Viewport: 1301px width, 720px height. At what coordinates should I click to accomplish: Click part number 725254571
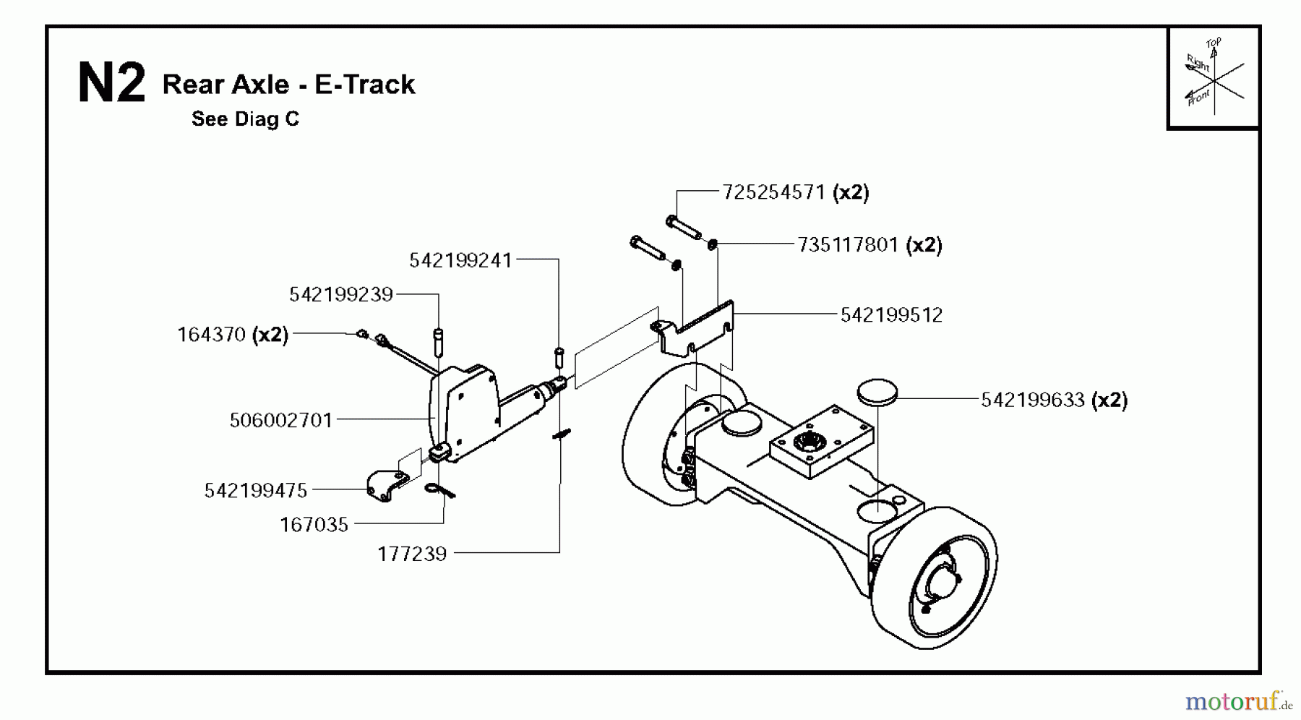pyautogui.click(x=773, y=192)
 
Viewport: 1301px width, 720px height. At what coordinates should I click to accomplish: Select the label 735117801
pyautogui.click(x=847, y=245)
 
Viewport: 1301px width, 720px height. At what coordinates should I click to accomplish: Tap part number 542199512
pyautogui.click(x=891, y=315)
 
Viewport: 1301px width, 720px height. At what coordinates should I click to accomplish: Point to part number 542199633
pyautogui.click(x=1032, y=400)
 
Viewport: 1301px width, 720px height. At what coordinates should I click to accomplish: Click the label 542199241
pyautogui.click(x=460, y=260)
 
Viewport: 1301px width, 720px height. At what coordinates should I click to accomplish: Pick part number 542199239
pyautogui.click(x=340, y=294)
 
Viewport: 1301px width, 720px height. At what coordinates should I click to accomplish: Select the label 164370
pyautogui.click(x=212, y=335)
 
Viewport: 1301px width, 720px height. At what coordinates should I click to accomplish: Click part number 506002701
pyautogui.click(x=280, y=420)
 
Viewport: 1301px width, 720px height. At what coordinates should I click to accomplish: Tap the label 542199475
pyautogui.click(x=256, y=491)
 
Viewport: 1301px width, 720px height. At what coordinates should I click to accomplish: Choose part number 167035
pyautogui.click(x=314, y=525)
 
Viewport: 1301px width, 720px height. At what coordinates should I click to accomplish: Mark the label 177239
pyautogui.click(x=412, y=554)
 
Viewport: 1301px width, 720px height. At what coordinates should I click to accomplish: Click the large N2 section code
pyautogui.click(x=111, y=84)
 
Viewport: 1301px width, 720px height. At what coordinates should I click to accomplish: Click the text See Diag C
pyautogui.click(x=245, y=119)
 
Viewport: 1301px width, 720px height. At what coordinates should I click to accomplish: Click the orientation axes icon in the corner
pyautogui.click(x=1214, y=77)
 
